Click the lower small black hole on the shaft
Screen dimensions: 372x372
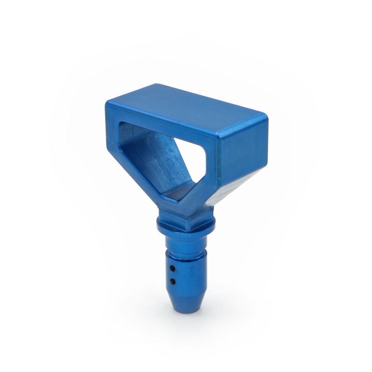[x=173, y=281]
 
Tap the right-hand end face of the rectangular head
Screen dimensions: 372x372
[x=242, y=153]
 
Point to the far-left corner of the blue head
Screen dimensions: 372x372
[x=107, y=104]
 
